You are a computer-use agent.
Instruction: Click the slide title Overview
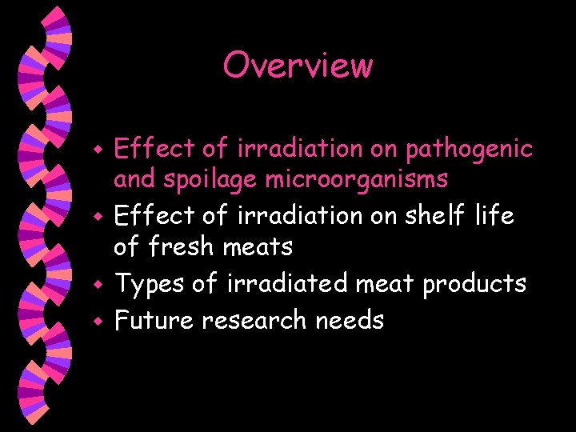298,66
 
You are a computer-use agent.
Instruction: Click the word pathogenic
469,149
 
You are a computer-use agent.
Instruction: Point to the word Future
154,320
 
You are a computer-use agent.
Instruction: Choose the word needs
350,320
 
